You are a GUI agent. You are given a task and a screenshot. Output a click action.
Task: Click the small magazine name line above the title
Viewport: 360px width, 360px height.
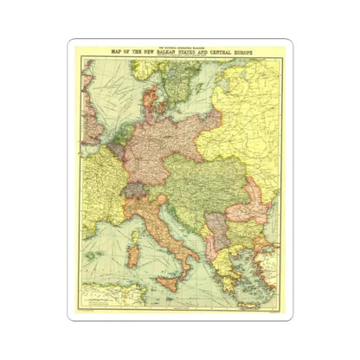tap(179, 48)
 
